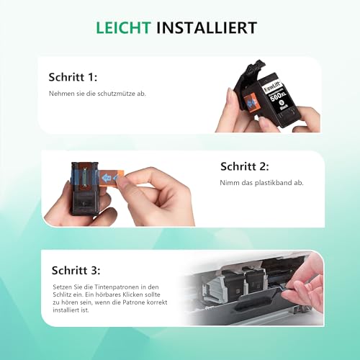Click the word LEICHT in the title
click(x=125, y=29)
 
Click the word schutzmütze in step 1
click(x=107, y=94)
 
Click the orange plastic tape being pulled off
click(x=115, y=178)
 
